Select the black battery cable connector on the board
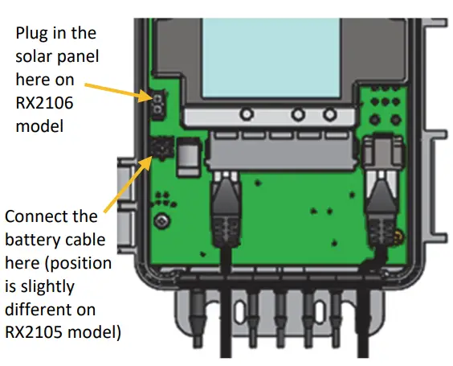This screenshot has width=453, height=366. click(x=160, y=148)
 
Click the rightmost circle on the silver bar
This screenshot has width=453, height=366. click(x=329, y=116)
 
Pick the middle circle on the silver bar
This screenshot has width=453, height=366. click(x=298, y=116)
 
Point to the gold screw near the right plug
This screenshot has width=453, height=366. click(x=397, y=238)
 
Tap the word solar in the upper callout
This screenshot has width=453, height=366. click(x=34, y=56)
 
